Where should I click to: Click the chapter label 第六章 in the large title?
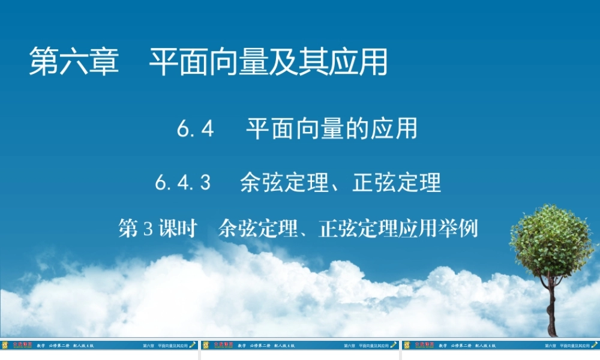74,62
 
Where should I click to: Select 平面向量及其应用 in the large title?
268,62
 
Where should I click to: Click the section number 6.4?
196,129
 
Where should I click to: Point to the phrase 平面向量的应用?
331,129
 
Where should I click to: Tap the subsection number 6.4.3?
182,182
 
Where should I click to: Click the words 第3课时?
158,229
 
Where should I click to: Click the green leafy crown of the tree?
551,240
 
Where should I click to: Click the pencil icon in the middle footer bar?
394,345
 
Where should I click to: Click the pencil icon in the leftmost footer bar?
193,345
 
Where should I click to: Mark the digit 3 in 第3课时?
148,229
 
